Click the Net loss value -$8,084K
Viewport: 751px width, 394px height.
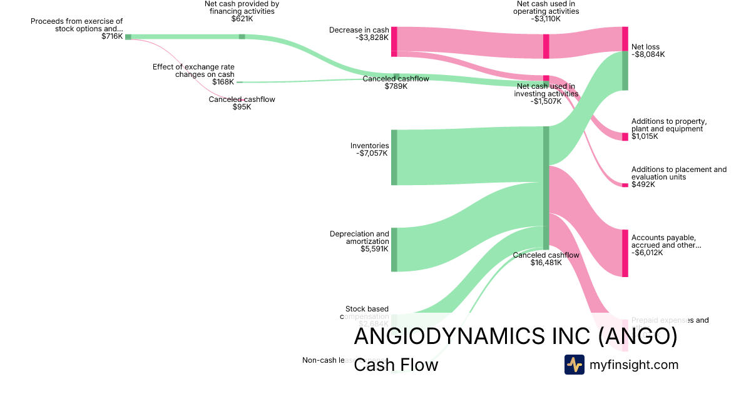pyautogui.click(x=648, y=54)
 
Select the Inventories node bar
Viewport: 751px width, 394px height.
pyautogui.click(x=394, y=158)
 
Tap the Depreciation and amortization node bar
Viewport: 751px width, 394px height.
pyautogui.click(x=394, y=250)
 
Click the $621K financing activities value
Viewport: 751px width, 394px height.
pyautogui.click(x=242, y=19)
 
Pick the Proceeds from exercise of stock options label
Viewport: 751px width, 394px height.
pyautogui.click(x=76, y=25)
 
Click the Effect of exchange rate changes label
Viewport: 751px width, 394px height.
pyautogui.click(x=193, y=71)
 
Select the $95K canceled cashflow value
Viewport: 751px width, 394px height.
pyautogui.click(x=242, y=107)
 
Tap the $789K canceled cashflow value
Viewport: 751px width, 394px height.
pyautogui.click(x=396, y=86)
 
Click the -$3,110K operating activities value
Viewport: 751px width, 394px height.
pyautogui.click(x=546, y=19)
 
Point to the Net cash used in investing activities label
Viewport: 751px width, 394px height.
pyautogui.click(x=546, y=90)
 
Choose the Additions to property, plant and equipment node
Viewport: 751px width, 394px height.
pyautogui.click(x=625, y=137)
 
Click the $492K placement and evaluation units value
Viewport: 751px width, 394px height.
pyautogui.click(x=643, y=184)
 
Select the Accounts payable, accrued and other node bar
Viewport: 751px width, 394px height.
pyautogui.click(x=625, y=253)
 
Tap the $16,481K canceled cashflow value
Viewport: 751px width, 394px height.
pyautogui.click(x=546, y=263)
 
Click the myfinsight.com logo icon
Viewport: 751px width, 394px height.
pyautogui.click(x=574, y=365)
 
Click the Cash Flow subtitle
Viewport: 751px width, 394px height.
pyautogui.click(x=396, y=365)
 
